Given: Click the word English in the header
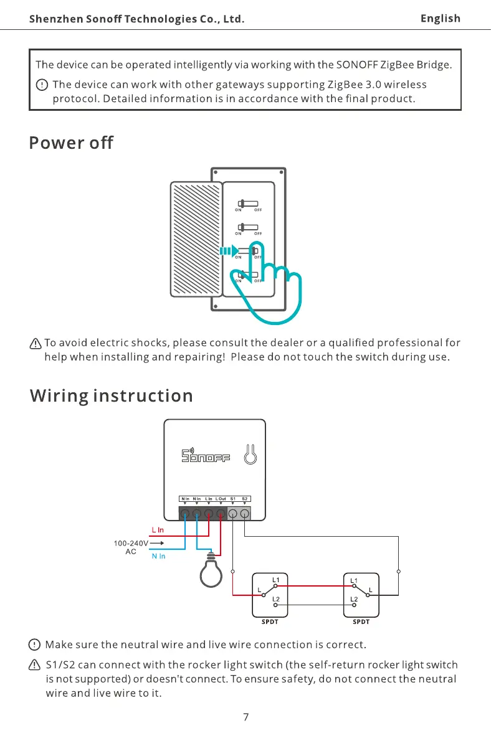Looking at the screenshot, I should pos(440,18).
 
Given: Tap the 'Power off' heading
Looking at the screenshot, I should pos(71,143).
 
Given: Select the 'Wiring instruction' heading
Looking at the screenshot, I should pos(112,396).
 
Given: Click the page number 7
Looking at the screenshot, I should pos(245,717).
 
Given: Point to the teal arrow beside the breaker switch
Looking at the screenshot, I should pos(225,252).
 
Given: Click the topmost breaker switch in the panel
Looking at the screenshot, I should pos(247,203).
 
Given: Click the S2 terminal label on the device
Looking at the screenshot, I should pos(245,499).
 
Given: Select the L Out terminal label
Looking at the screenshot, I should pos(221,499).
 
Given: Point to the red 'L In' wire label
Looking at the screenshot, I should pos(158,530).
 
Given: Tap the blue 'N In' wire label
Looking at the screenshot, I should pos(158,556).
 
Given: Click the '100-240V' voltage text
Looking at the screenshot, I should pos(130,543).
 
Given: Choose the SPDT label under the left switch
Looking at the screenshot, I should pos(269,621).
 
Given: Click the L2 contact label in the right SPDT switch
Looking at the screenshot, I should pos(353,599).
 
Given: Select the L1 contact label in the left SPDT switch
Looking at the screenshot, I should pos(275,580).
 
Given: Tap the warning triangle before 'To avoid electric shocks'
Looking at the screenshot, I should pos(36,343).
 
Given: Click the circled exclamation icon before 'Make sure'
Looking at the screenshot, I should pos(36,644).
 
